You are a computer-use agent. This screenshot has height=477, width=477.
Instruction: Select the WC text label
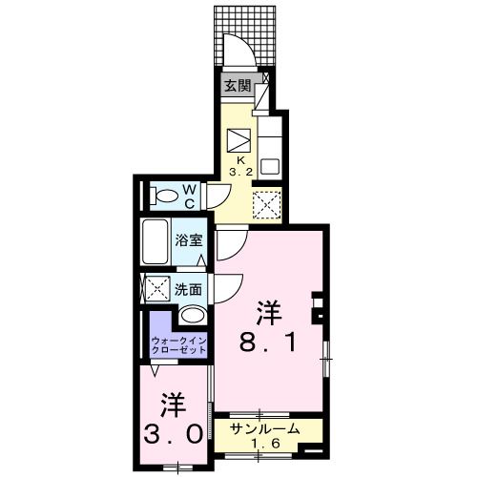coord(190,197)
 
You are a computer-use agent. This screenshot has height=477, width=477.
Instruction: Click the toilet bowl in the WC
coord(166,197)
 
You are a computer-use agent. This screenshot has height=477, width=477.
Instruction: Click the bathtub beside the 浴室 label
coord(156,244)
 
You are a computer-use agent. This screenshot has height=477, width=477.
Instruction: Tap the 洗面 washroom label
coord(188,287)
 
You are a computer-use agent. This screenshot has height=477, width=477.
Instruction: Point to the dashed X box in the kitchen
coord(266,202)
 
